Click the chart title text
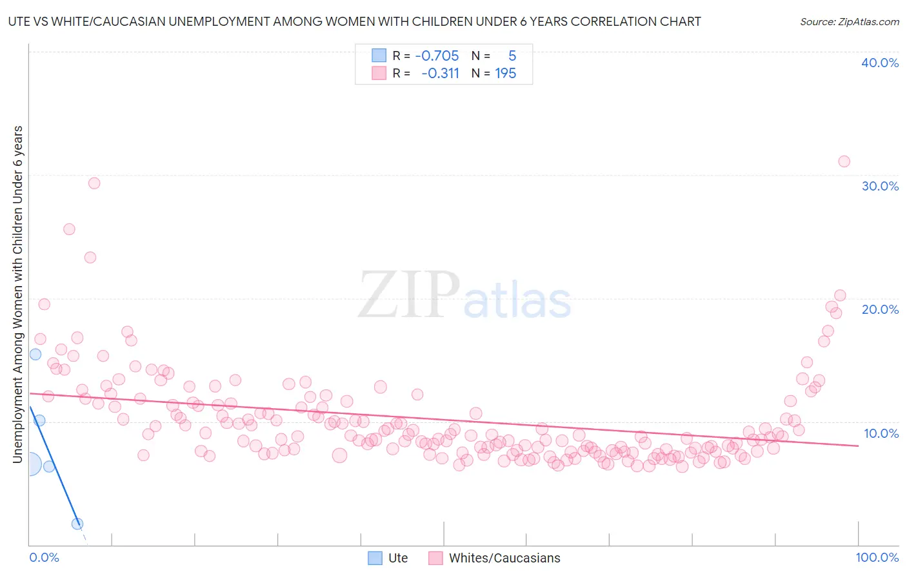pyautogui.click(x=354, y=21)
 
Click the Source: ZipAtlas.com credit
pyautogui.click(x=849, y=21)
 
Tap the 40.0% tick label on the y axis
pyautogui.click(x=879, y=63)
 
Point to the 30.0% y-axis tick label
pyautogui.click(x=879, y=186)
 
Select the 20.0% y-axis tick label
pyautogui.click(x=879, y=309)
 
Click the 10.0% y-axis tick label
pyautogui.click(x=881, y=433)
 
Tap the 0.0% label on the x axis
pyautogui.click(x=44, y=557)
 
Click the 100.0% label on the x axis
pyautogui.click(x=877, y=557)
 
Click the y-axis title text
pyautogui.click(x=17, y=294)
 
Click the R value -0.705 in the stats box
pyautogui.click(x=437, y=56)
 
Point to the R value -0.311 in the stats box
pyautogui.click(x=440, y=74)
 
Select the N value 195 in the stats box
pyautogui.click(x=505, y=74)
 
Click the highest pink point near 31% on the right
pyautogui.click(x=844, y=161)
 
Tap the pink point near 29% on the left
pyautogui.click(x=94, y=183)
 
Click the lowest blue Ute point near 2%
pyautogui.click(x=77, y=524)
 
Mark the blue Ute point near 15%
pyautogui.click(x=35, y=354)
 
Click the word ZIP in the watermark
pyautogui.click(x=409, y=295)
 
